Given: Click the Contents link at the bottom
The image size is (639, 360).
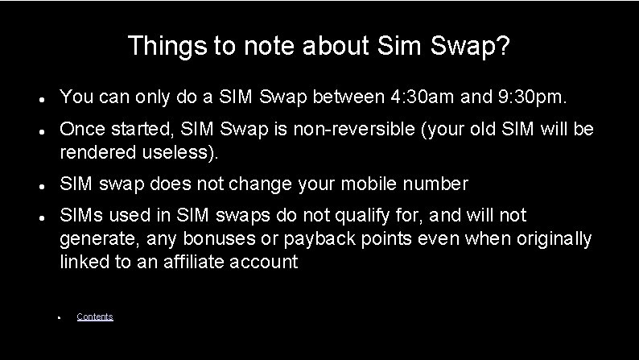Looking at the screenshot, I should (x=95, y=317).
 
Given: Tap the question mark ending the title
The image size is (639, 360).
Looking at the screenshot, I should (x=502, y=46).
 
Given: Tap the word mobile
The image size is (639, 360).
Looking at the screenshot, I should (x=373, y=184).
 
